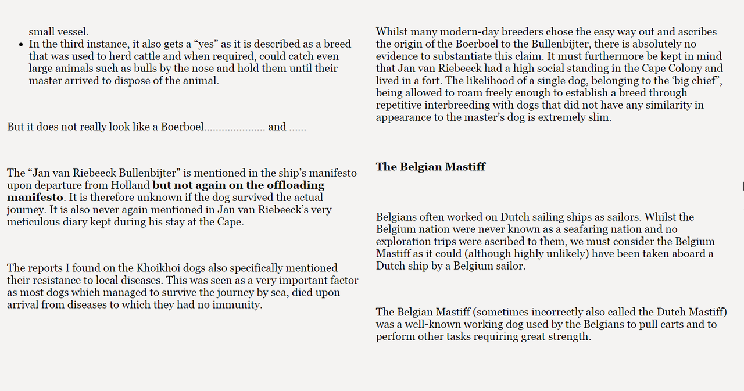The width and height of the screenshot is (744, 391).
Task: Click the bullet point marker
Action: pos(21,45)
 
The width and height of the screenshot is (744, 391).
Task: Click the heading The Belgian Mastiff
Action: pos(430,167)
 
